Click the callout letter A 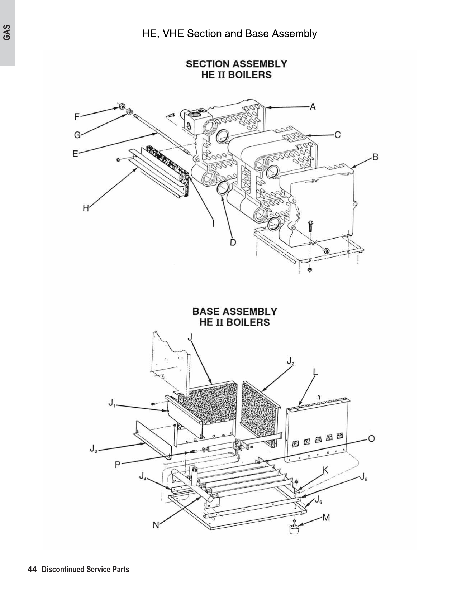coord(313,107)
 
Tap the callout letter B coord(375,157)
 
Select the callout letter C coord(337,135)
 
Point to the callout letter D coord(233,242)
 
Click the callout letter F coord(77,116)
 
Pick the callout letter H coord(86,208)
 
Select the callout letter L coord(315,372)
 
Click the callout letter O coord(371,438)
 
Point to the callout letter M coord(326,518)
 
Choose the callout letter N coord(156,525)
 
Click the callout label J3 coord(93,449)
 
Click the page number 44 coord(32,569)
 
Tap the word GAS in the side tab coord(7,33)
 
